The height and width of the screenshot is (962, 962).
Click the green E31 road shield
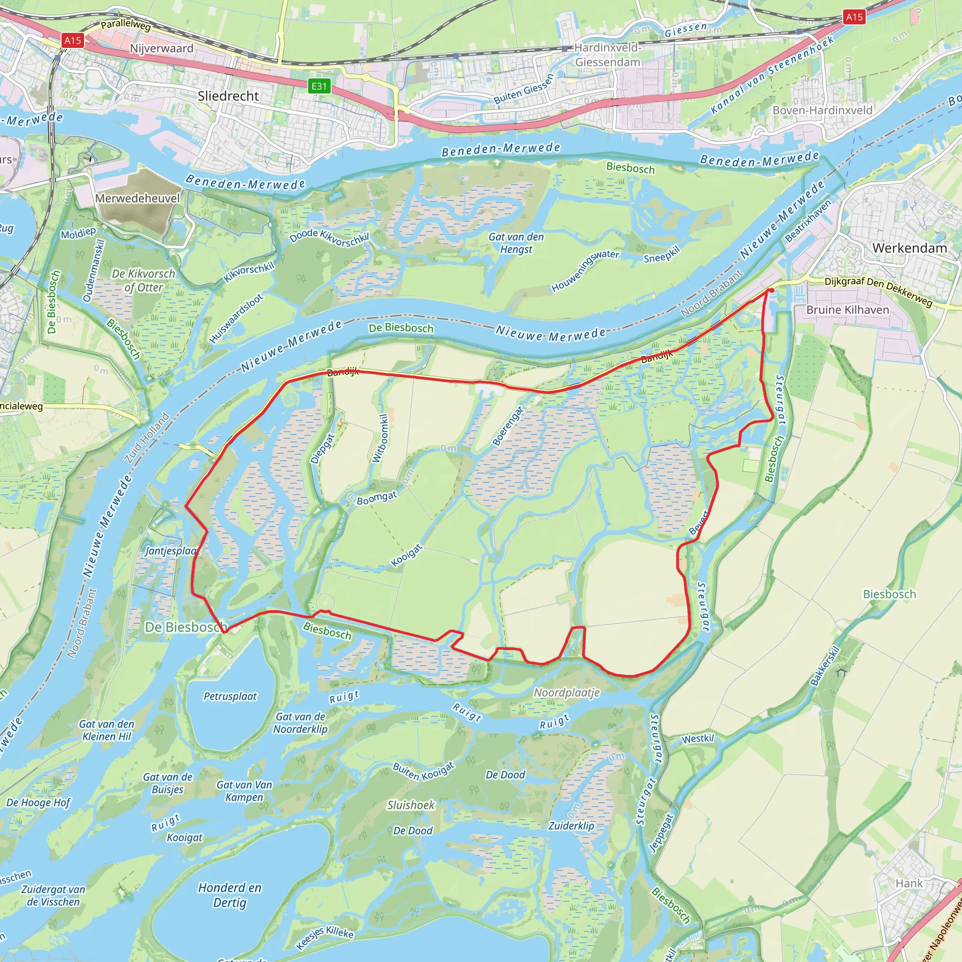click(x=318, y=86)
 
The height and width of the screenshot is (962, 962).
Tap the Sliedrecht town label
click(x=228, y=96)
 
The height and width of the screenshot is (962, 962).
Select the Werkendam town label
click(x=909, y=248)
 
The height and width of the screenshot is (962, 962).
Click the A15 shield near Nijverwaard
click(x=73, y=40)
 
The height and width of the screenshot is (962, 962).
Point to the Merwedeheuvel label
click(x=138, y=198)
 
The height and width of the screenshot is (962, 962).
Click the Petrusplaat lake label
click(x=230, y=696)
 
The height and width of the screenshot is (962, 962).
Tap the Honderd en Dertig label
click(x=230, y=895)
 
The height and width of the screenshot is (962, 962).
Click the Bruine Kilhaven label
click(x=847, y=310)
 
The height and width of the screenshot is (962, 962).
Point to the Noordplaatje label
click(x=566, y=693)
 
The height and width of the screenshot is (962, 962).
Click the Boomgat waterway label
click(x=377, y=497)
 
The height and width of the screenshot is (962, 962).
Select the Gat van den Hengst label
click(x=516, y=243)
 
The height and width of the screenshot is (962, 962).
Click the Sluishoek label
click(x=411, y=805)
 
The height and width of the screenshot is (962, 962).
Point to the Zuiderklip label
click(x=571, y=826)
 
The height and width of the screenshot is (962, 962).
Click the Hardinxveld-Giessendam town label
click(x=607, y=55)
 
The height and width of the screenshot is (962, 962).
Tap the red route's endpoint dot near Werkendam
click(x=771, y=290)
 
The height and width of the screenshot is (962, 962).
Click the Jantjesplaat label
click(x=172, y=551)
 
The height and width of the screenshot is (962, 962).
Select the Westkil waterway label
click(x=698, y=739)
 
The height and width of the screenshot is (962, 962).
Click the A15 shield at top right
click(x=854, y=17)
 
